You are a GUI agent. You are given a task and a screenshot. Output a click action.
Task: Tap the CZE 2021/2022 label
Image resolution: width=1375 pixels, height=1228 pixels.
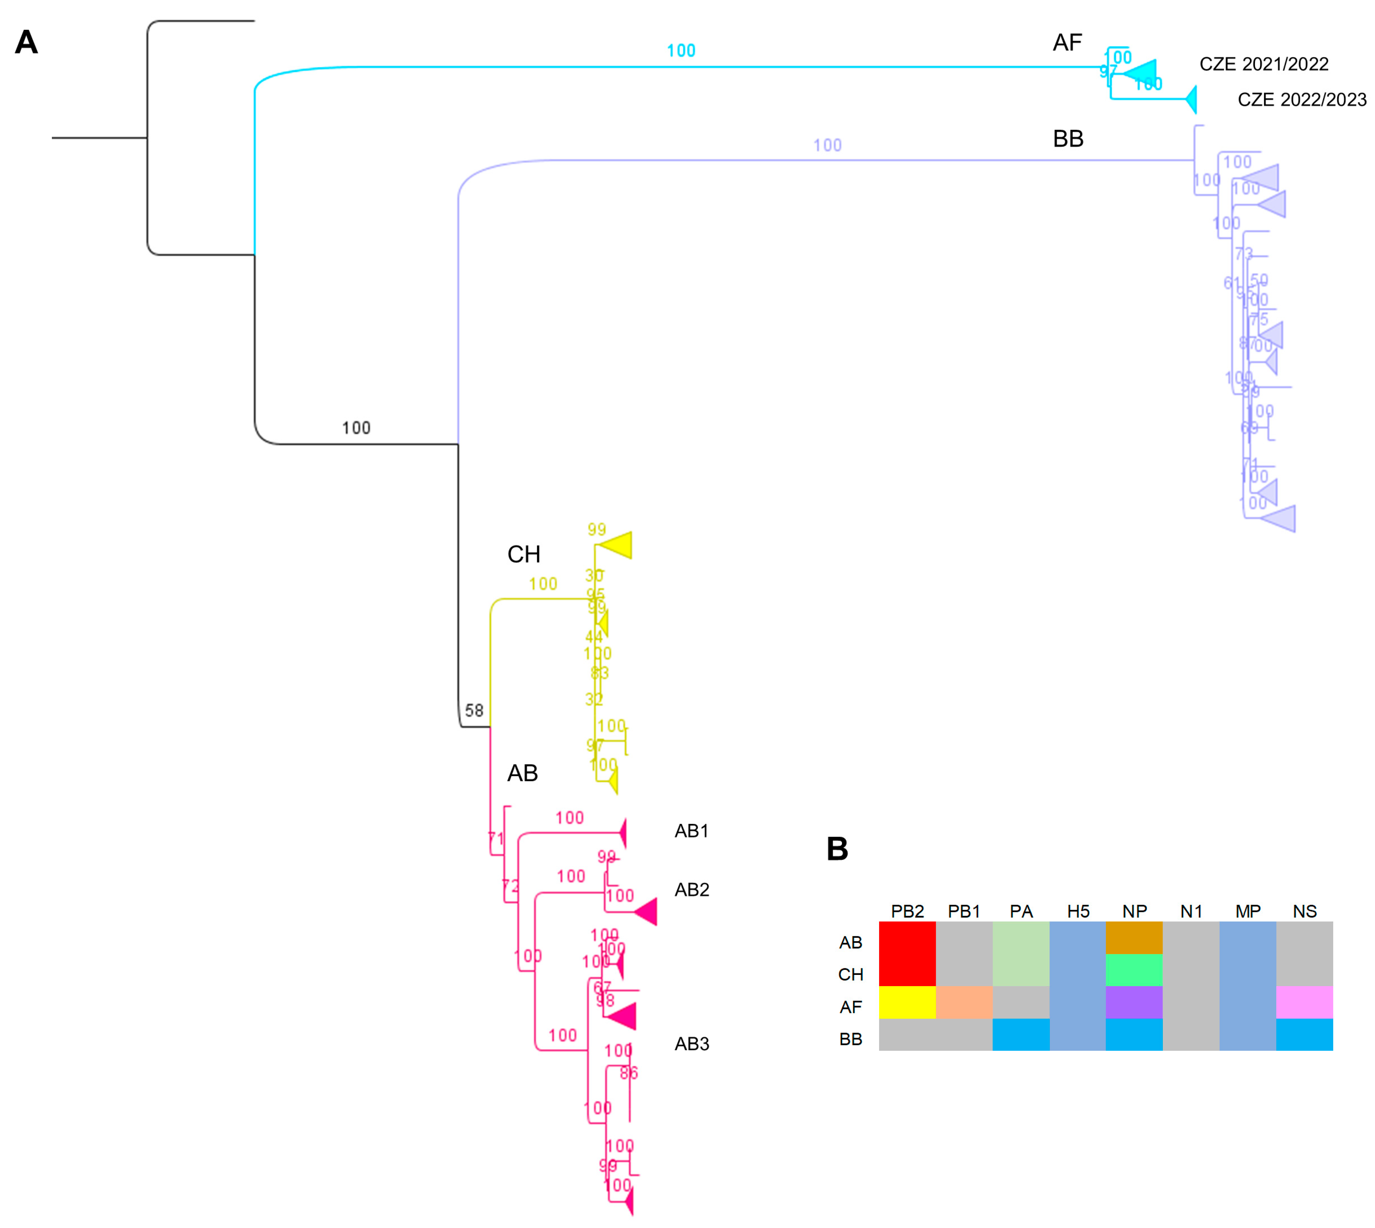click(x=1263, y=64)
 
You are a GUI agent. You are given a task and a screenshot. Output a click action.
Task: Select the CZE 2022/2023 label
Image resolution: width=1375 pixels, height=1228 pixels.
click(x=1301, y=100)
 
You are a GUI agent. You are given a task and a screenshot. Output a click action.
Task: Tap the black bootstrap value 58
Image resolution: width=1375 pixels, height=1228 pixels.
click(x=474, y=711)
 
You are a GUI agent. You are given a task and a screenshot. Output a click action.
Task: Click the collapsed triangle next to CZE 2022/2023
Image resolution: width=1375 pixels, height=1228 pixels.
click(x=1192, y=100)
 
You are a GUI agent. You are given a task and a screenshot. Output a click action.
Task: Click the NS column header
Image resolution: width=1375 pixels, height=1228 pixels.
click(x=1304, y=911)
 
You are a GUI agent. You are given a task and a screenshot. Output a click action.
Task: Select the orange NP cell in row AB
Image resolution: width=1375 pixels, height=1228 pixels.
click(x=1133, y=937)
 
